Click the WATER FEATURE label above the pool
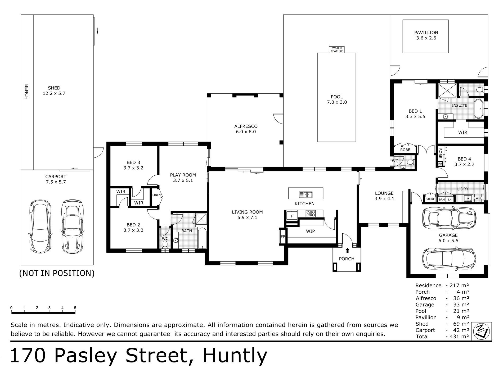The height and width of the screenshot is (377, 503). pos(337,49)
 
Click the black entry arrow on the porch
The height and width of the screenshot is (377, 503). pos(347,251)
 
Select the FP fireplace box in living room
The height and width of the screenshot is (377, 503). pos(283,237)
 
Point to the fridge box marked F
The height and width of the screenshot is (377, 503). pos(292,216)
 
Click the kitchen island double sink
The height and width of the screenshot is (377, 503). pos(306,195)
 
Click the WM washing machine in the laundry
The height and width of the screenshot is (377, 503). pos(478,198)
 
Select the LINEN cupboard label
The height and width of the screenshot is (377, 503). pos(156,195)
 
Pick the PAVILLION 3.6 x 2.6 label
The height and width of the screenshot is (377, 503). pos(426,35)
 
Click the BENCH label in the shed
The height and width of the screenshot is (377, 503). pos(26,92)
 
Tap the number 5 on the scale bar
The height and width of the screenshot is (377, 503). pos(75,308)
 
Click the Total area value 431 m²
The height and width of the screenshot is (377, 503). pos(458,337)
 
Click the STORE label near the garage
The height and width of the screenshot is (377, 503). pos(430,199)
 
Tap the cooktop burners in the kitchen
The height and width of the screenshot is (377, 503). pos(311,213)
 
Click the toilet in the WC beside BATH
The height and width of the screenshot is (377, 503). pos(165,244)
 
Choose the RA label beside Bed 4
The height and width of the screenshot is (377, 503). pos(440,164)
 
